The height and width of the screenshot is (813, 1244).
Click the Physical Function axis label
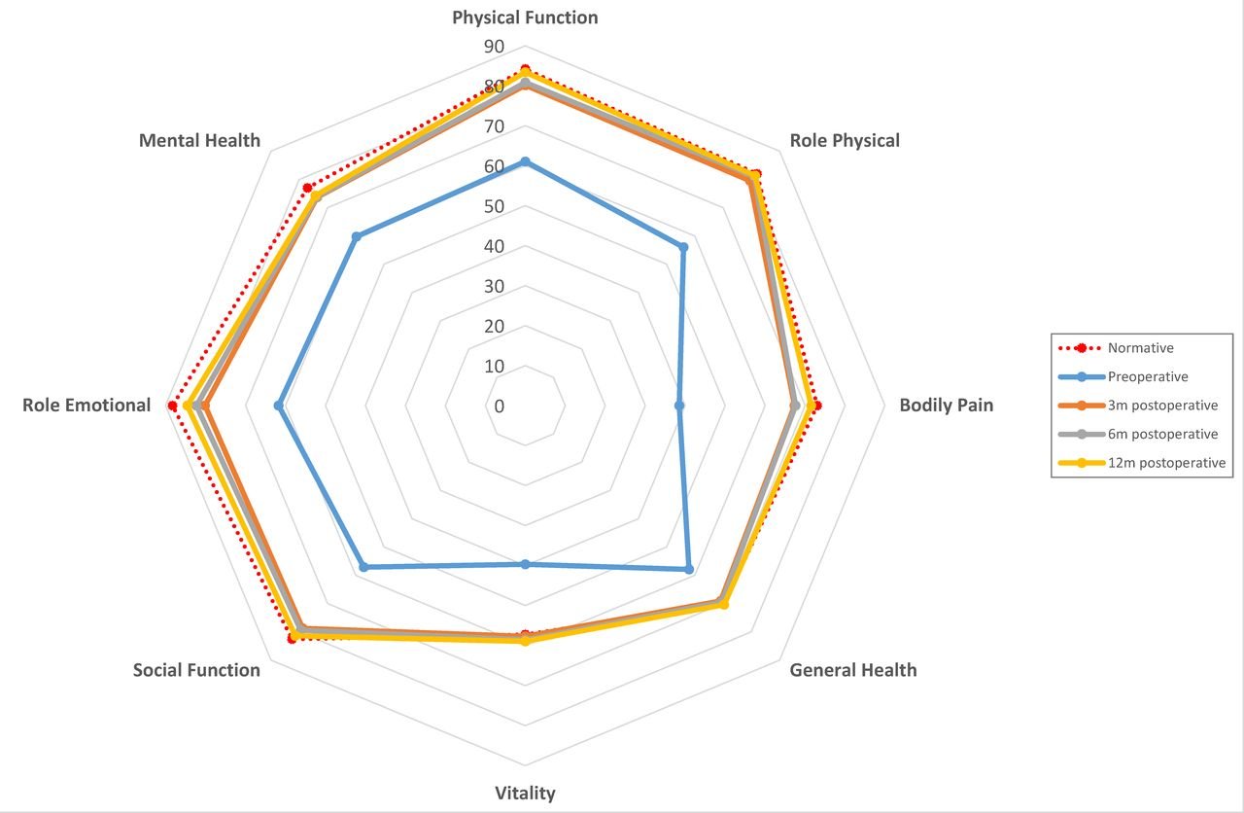pos(525,18)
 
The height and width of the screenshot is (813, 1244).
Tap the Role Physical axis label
pos(845,140)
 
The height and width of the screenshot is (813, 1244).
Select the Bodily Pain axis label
pos(946,406)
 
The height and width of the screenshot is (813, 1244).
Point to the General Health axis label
pos(852,670)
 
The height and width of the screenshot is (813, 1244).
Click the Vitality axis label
pos(525,794)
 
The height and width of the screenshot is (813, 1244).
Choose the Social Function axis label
pos(196,670)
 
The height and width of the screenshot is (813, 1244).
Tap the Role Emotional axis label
pos(86,406)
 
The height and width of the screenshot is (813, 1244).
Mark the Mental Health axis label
pos(199,140)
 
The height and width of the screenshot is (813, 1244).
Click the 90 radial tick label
pos(494,47)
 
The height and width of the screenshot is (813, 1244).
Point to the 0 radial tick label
pos(500,406)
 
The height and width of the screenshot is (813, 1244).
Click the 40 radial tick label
pos(494,247)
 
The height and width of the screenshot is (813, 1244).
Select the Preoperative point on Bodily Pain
pos(679,406)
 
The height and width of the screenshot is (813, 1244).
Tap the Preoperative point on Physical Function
pos(525,161)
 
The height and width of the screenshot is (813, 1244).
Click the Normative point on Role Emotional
pos(173,406)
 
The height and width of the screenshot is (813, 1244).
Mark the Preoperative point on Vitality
pos(525,564)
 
